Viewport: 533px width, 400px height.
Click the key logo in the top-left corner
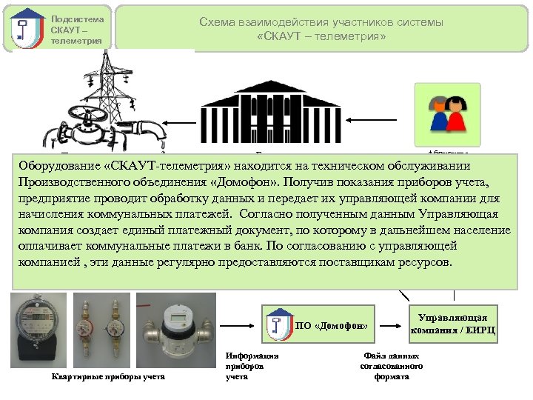(27, 29)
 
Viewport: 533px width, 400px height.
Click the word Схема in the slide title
(218, 22)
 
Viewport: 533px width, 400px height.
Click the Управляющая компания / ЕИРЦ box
(452, 323)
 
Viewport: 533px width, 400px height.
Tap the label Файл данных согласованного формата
(392, 366)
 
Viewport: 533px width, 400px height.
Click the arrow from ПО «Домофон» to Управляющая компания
(392, 324)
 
